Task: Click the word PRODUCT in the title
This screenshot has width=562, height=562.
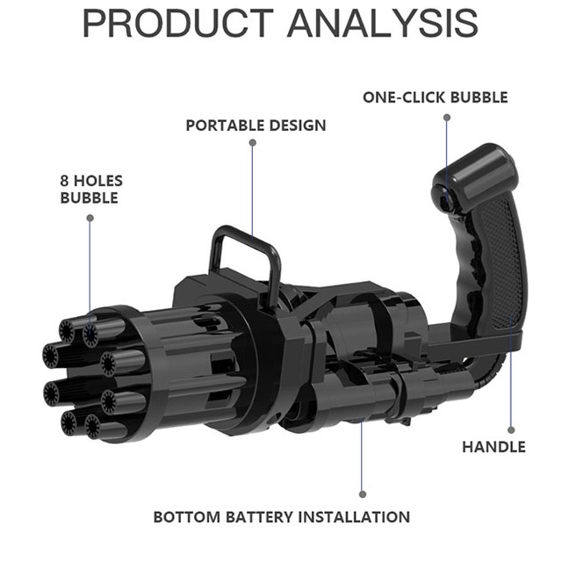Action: pyautogui.click(x=178, y=24)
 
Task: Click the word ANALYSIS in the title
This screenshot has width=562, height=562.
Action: pyautogui.click(x=383, y=24)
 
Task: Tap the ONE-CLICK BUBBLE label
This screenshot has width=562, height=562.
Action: pyautogui.click(x=436, y=97)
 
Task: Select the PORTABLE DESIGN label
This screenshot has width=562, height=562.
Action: pyautogui.click(x=256, y=126)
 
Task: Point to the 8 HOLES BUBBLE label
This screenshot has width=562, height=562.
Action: pyautogui.click(x=91, y=190)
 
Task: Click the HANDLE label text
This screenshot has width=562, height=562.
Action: pyautogui.click(x=494, y=447)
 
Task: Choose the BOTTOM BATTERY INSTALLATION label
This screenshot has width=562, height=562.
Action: pyautogui.click(x=282, y=517)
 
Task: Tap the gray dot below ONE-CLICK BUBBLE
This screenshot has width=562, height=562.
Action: pyautogui.click(x=447, y=117)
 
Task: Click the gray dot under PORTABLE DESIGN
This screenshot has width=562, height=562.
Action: pyautogui.click(x=253, y=142)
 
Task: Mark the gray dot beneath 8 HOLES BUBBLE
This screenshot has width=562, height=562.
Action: pyautogui.click(x=90, y=218)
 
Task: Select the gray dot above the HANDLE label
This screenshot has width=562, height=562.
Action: pyautogui.click(x=511, y=430)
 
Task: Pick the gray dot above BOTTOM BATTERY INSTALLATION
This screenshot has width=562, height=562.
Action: pyautogui.click(x=363, y=494)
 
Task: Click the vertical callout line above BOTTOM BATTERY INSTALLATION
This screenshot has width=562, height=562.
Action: pyautogui.click(x=363, y=457)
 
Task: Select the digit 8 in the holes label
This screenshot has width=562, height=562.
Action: pyautogui.click(x=64, y=181)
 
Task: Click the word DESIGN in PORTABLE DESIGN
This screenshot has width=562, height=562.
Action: pyautogui.click(x=298, y=126)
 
